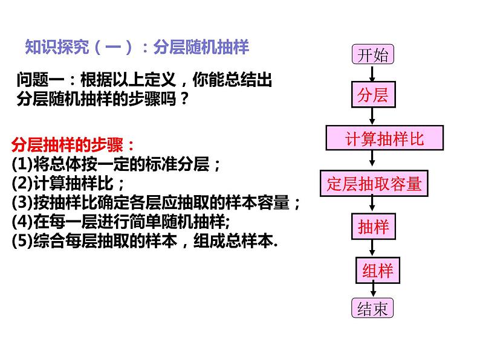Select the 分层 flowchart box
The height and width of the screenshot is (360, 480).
pos(372,95)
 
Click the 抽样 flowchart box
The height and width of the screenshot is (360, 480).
pos(373,227)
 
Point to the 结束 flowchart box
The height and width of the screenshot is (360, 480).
pos(372,309)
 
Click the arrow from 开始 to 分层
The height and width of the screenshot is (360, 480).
pos(372,74)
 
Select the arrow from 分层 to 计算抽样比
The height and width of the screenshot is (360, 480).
pos(372,117)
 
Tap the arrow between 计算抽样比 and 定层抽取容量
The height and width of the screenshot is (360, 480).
pos(372,161)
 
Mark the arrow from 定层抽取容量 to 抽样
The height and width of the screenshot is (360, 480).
pos(372,205)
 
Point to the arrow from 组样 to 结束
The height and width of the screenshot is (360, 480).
pos(372,291)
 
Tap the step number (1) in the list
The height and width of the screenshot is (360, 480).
pos(20,163)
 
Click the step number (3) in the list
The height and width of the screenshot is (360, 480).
pos(20,202)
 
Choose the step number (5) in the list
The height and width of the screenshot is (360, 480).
pos(20,240)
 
